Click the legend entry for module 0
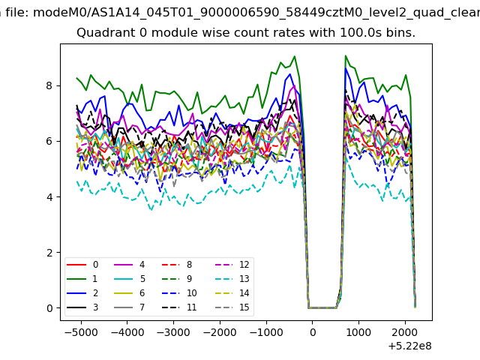(x=82, y=265)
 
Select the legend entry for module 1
(x=82, y=278)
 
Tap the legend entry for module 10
(x=179, y=293)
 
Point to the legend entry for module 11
(x=179, y=307)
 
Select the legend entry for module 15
(x=232, y=307)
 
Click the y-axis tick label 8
(x=49, y=85)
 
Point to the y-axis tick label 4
(x=49, y=196)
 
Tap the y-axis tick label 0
(x=49, y=308)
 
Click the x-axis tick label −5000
(x=81, y=332)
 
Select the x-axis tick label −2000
(x=220, y=332)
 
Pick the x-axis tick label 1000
(x=358, y=332)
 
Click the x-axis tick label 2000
(x=405, y=332)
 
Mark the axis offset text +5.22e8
(x=409, y=346)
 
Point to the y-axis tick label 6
(x=49, y=141)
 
